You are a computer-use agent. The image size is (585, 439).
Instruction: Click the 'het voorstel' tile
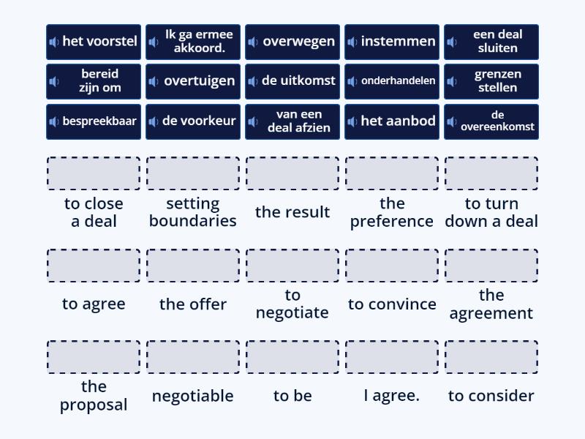click(94, 42)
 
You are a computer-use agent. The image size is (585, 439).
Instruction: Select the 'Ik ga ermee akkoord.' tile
click(193, 42)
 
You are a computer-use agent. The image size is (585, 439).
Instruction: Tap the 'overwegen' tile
click(292, 42)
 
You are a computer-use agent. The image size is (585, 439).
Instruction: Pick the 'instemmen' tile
click(392, 42)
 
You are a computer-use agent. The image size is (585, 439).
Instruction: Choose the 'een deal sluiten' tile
click(491, 42)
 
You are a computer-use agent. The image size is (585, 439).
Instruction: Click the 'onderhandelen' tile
click(392, 81)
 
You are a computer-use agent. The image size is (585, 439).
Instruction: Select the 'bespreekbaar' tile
click(94, 121)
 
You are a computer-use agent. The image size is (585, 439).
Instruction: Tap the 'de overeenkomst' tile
click(491, 121)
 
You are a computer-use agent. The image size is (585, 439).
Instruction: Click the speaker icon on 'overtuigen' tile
click(154, 81)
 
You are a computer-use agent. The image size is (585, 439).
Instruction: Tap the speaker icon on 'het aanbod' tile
click(352, 121)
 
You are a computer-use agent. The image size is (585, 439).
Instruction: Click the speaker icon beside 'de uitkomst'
click(252, 81)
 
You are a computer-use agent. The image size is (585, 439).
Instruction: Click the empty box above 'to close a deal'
click(94, 173)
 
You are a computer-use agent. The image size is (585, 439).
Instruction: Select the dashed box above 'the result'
click(292, 173)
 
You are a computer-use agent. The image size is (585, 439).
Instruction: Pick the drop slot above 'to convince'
click(392, 266)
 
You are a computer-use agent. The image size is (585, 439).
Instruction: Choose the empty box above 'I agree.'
click(392, 357)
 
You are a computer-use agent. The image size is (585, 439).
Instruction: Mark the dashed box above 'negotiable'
click(193, 357)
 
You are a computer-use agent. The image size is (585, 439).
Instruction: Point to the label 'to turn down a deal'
click(491, 212)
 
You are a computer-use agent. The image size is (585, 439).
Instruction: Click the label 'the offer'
click(193, 304)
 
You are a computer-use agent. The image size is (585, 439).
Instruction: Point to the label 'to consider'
click(491, 396)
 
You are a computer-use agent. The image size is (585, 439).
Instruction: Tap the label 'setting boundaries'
click(193, 212)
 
